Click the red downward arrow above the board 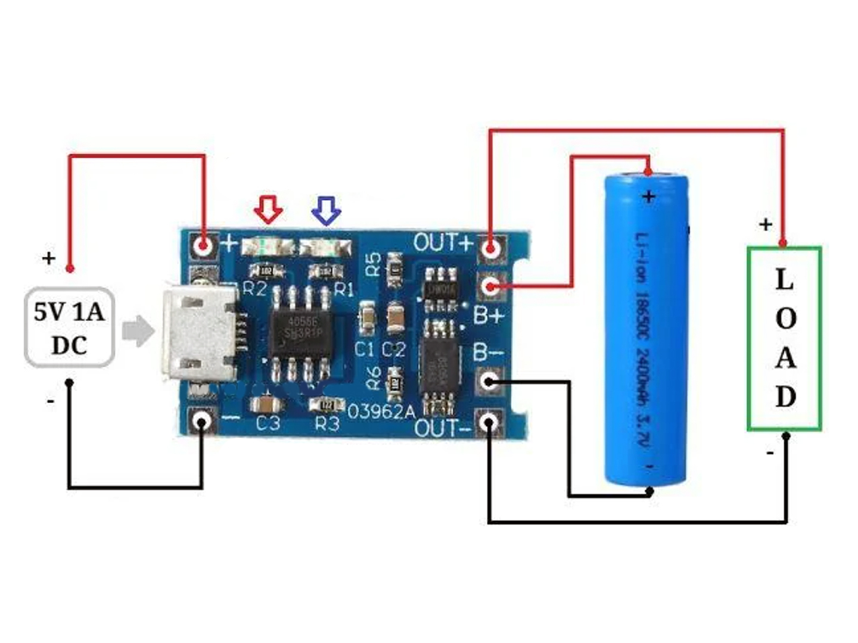pyautogui.click(x=268, y=208)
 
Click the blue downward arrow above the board pyautogui.click(x=327, y=210)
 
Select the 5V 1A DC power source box pyautogui.click(x=69, y=327)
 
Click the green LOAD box pyautogui.click(x=785, y=338)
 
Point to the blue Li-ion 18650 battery pyautogui.click(x=646, y=327)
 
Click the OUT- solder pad pyautogui.click(x=490, y=423)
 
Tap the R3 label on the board pyautogui.click(x=327, y=424)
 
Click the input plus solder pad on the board pyautogui.click(x=203, y=245)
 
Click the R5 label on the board pyautogui.click(x=373, y=264)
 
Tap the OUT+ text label pyautogui.click(x=443, y=243)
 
